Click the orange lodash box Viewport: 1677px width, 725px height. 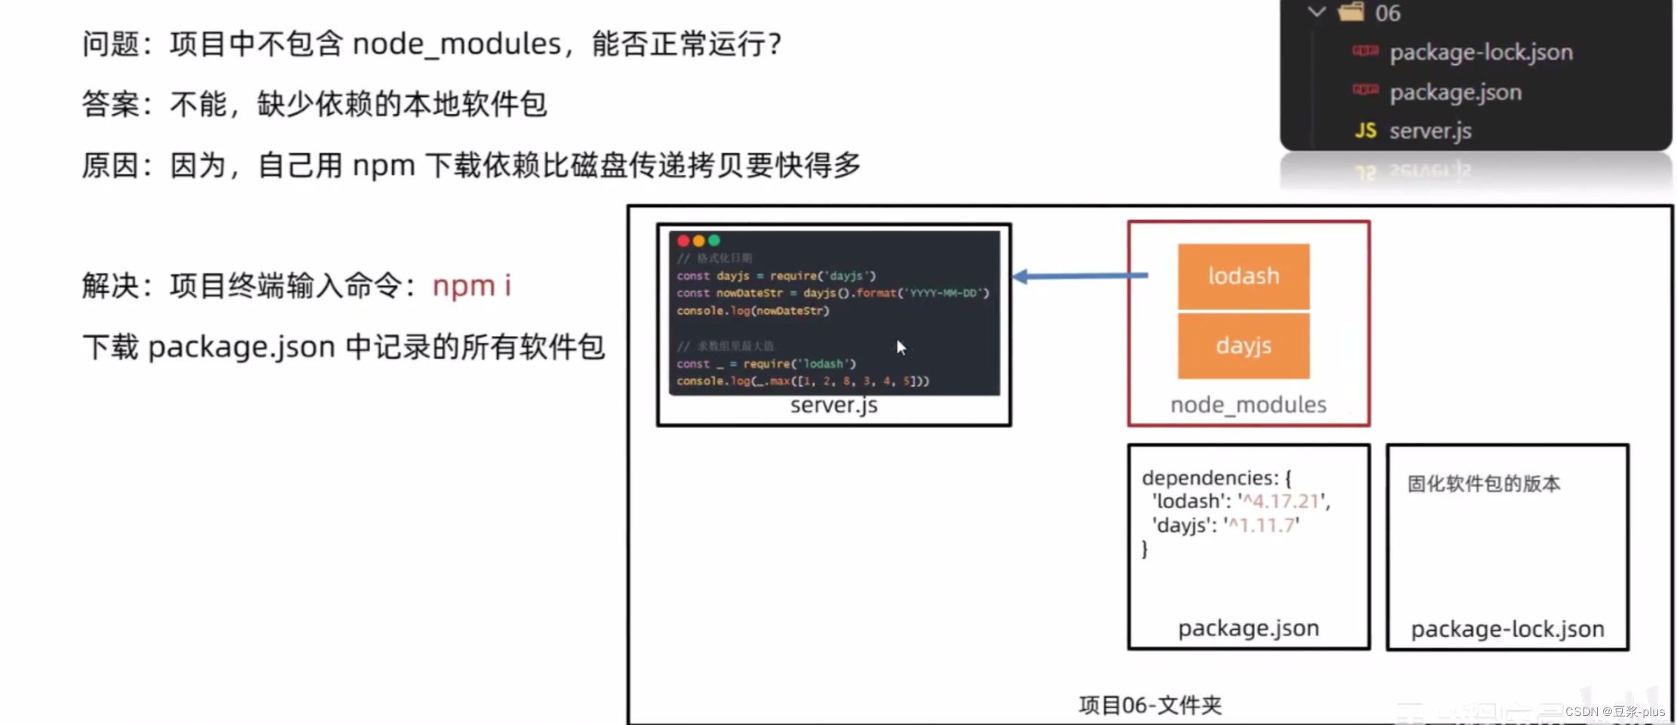[x=1243, y=276]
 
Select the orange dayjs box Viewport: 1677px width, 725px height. [x=1243, y=346]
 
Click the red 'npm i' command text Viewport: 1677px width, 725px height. [x=471, y=286]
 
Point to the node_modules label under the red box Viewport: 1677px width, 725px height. [x=1248, y=405]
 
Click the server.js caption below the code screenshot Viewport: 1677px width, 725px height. [x=833, y=405]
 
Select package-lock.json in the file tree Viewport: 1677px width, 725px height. [x=1481, y=52]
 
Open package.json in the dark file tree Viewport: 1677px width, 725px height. [x=1455, y=92]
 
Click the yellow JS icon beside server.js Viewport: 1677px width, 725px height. [x=1365, y=130]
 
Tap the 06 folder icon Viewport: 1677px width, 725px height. [x=1351, y=12]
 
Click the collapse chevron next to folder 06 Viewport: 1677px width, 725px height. [x=1317, y=12]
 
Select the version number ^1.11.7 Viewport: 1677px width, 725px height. [x=1262, y=525]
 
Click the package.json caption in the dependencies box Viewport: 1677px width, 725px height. [x=1248, y=628]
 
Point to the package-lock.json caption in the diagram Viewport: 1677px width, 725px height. [x=1507, y=629]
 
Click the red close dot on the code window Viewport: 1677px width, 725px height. [x=683, y=241]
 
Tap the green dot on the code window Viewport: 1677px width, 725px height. [x=714, y=241]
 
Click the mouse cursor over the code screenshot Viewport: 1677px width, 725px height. [x=900, y=347]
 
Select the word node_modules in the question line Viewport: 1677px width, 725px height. [x=457, y=44]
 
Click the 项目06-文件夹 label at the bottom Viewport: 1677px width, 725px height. [x=1150, y=705]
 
